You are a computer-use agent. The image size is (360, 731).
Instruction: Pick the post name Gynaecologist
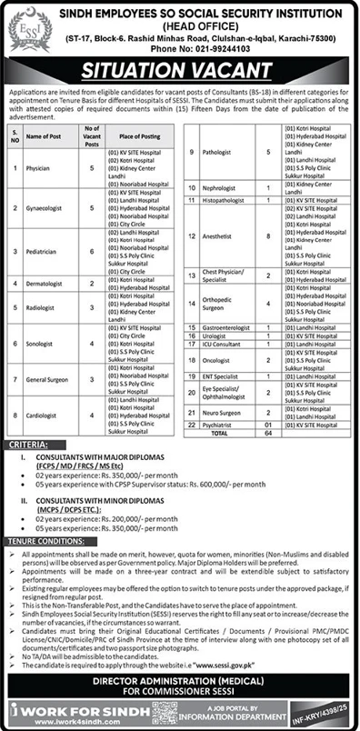pyautogui.click(x=46, y=208)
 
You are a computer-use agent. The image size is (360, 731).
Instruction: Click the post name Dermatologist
pyautogui.click(x=45, y=284)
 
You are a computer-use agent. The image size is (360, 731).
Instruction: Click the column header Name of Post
pyautogui.click(x=45, y=135)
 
